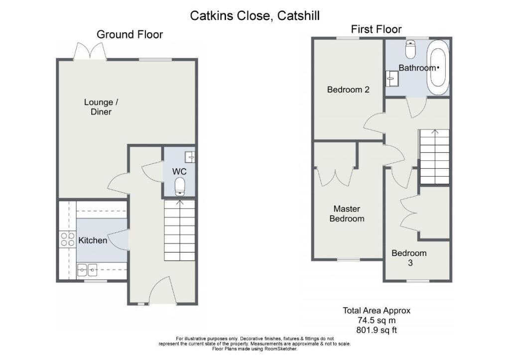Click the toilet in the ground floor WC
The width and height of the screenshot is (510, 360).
pyautogui.click(x=180, y=187)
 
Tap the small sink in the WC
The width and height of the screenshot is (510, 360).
pyautogui.click(x=190, y=157)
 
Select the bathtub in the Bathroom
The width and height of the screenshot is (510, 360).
pyautogui.click(x=439, y=68)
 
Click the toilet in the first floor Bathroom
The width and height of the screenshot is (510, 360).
pyautogui.click(x=411, y=49)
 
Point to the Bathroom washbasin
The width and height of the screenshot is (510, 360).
pyautogui.click(x=392, y=78)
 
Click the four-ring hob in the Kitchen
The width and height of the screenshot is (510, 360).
pyautogui.click(x=68, y=239)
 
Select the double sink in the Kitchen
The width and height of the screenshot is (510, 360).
pyautogui.click(x=87, y=269)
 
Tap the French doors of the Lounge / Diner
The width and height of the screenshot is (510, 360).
pyautogui.click(x=90, y=51)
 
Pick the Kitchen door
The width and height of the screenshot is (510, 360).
pyautogui.click(x=119, y=240)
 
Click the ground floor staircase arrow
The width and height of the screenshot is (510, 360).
pyautogui.click(x=179, y=203)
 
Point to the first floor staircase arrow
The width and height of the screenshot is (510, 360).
pyautogui.click(x=435, y=132)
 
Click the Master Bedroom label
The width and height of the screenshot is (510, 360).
pyautogui.click(x=347, y=214)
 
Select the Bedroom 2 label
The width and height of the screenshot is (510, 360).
pyautogui.click(x=348, y=90)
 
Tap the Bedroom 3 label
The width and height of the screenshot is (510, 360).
pyautogui.click(x=409, y=257)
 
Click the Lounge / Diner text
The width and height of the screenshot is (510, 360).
pyautogui.click(x=101, y=107)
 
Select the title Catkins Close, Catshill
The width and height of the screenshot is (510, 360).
pyautogui.click(x=255, y=15)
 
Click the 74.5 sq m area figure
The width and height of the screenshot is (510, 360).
pyautogui.click(x=377, y=320)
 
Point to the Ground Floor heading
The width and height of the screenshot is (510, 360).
pyautogui.click(x=130, y=34)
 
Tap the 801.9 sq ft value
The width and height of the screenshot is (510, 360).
pyautogui.click(x=377, y=331)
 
